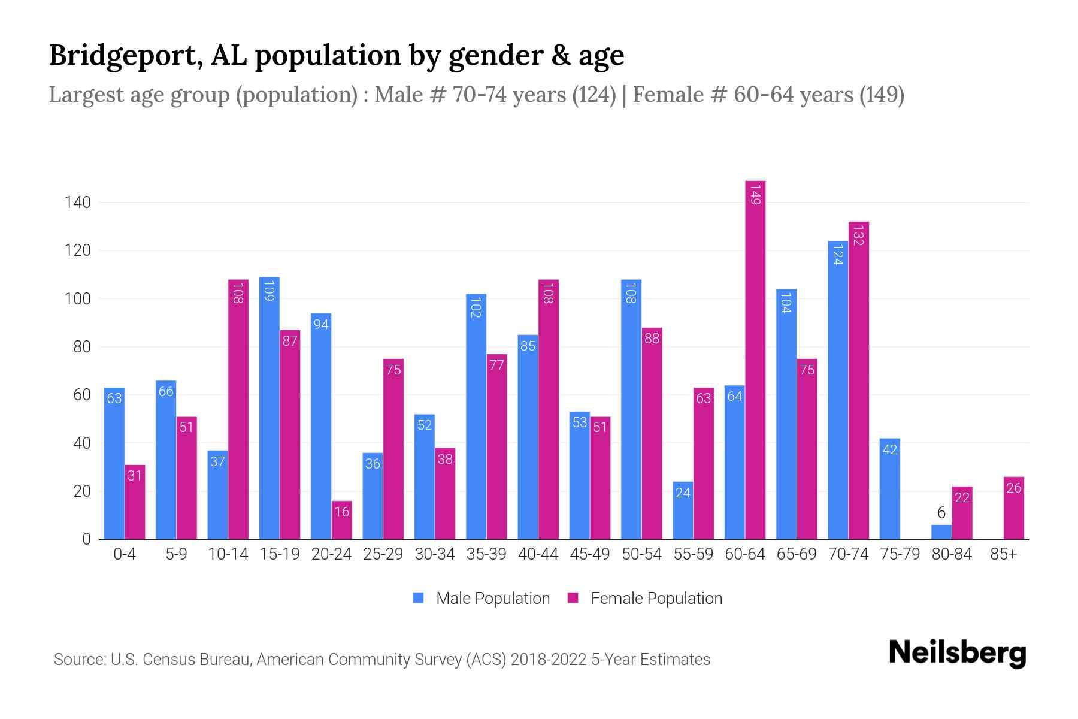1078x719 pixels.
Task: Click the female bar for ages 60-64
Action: [x=755, y=359]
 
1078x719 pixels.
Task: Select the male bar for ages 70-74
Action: [x=838, y=389]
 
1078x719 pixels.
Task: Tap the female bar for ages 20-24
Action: [x=342, y=520]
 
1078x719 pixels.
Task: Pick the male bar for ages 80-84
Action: [x=941, y=532]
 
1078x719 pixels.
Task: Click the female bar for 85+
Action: [x=1014, y=508]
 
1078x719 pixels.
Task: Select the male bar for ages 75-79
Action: [x=890, y=488]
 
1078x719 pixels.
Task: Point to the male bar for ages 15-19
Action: [x=269, y=407]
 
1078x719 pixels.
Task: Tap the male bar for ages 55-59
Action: [x=683, y=510]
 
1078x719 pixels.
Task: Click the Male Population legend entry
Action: [x=482, y=599]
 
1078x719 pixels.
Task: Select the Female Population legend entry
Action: [x=645, y=599]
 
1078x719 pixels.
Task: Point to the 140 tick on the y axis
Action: [x=78, y=203]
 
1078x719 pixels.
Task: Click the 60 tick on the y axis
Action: [x=81, y=395]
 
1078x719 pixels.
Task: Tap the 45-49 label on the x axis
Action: [x=590, y=554]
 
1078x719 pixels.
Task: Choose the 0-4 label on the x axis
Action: [x=125, y=554]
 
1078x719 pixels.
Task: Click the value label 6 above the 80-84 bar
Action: [x=941, y=513]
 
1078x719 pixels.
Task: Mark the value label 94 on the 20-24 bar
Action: [x=321, y=324]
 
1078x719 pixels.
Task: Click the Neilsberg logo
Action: [x=957, y=653]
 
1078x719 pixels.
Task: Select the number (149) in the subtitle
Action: [x=882, y=95]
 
